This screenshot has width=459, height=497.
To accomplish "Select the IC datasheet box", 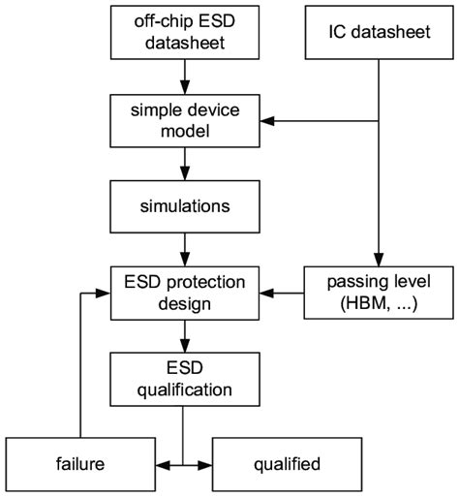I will [x=377, y=34].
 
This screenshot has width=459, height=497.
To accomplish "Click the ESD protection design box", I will [x=183, y=293].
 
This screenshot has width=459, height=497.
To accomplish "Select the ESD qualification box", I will [x=183, y=379].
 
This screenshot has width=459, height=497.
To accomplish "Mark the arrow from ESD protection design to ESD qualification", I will [x=183, y=335].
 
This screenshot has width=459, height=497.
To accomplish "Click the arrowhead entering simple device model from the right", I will [x=269, y=120].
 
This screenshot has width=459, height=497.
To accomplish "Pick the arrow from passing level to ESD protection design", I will [x=286, y=293].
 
